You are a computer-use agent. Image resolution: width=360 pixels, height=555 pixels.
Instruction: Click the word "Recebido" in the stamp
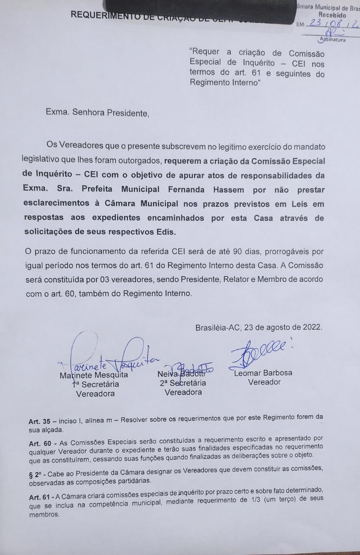pyautogui.click(x=332, y=15)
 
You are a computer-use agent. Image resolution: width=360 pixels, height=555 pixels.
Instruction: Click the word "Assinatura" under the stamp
pyautogui.click(x=332, y=40)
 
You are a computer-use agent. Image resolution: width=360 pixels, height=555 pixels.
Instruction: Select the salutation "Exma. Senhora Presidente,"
pyautogui.click(x=97, y=114)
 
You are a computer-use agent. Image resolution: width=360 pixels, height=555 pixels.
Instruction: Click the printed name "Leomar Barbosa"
pyautogui.click(x=263, y=373)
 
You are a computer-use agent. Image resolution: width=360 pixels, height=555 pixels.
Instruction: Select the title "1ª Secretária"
pyautogui.click(x=95, y=384)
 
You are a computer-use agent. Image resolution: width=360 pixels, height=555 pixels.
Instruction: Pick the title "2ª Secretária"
pyautogui.click(x=182, y=383)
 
